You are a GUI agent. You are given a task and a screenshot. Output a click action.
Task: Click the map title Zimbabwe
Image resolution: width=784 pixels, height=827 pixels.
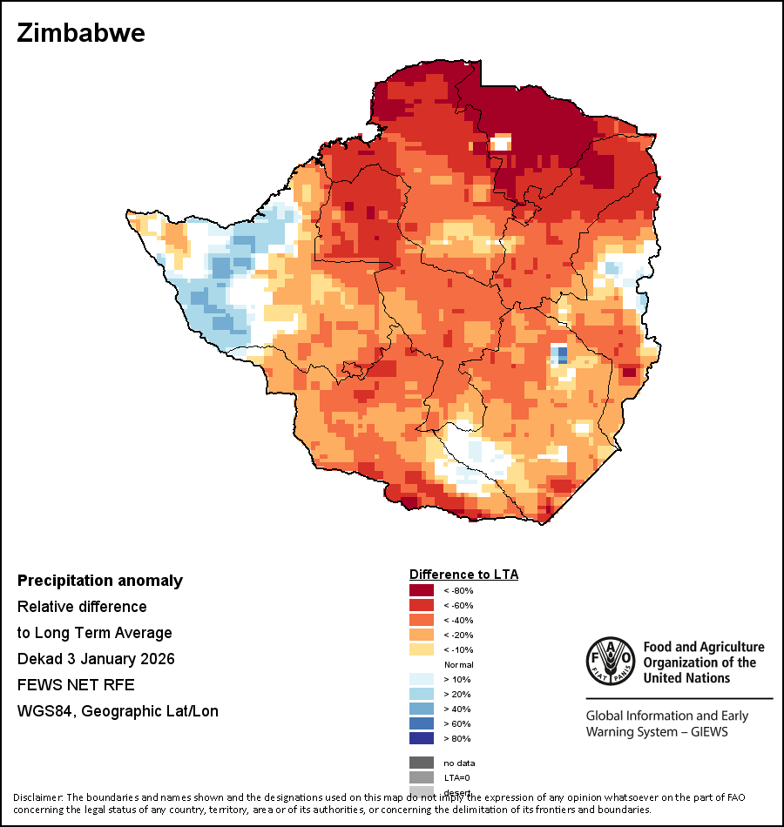[x=81, y=34]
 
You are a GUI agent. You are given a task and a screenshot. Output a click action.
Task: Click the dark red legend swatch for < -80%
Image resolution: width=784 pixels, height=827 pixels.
[x=421, y=591]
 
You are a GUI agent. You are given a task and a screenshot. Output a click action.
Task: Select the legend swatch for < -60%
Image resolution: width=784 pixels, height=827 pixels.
[x=421, y=606]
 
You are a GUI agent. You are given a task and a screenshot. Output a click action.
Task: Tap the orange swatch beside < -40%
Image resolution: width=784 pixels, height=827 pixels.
[x=421, y=621]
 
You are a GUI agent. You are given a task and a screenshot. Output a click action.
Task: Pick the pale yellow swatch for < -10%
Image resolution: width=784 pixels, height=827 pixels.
[x=421, y=649]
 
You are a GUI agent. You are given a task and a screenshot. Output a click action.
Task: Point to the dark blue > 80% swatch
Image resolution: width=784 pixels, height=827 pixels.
[x=421, y=738]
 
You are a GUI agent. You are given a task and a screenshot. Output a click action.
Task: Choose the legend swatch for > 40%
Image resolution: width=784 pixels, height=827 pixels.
[x=421, y=709]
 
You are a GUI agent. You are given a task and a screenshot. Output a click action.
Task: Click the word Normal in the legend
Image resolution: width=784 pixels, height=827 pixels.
[x=459, y=664]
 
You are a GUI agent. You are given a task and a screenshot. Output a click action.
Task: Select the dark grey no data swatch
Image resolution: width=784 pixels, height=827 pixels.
[x=421, y=763]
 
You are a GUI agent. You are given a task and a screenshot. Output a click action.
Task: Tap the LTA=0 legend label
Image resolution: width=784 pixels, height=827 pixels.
[x=460, y=777]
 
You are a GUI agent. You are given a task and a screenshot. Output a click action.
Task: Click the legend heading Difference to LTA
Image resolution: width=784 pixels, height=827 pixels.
[x=463, y=575]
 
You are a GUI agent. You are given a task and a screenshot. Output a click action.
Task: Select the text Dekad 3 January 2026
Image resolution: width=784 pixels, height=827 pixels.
[x=96, y=659]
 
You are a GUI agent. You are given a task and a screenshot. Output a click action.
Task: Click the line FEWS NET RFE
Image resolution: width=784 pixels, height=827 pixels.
[x=76, y=685]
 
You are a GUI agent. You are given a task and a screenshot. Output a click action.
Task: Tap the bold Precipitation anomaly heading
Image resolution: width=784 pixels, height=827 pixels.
[x=100, y=581]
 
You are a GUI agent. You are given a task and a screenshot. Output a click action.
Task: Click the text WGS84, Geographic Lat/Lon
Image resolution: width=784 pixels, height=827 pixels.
[x=118, y=711]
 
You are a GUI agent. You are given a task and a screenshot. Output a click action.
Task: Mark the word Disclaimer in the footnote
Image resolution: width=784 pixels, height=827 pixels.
[x=37, y=797]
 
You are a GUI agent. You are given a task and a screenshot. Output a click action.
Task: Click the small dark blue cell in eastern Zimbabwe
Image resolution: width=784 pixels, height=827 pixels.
[x=561, y=354]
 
